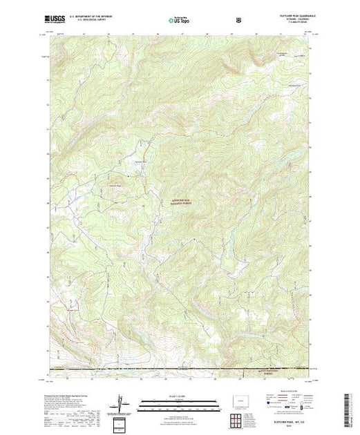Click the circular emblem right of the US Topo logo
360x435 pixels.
(x=238, y=20)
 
